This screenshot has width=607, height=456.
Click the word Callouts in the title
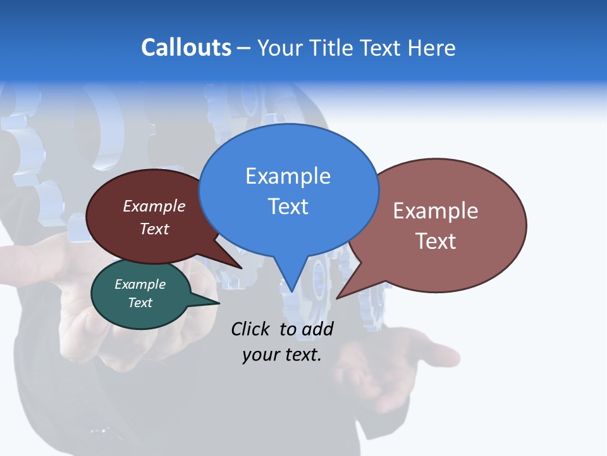pyautogui.click(x=186, y=47)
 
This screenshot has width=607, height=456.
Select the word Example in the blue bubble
pyautogui.click(x=288, y=176)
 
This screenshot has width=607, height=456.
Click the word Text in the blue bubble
pyautogui.click(x=288, y=206)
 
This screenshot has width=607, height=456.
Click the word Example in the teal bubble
pyautogui.click(x=140, y=284)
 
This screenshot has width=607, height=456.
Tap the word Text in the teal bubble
pyautogui.click(x=140, y=303)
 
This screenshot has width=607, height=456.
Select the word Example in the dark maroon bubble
pyautogui.click(x=154, y=206)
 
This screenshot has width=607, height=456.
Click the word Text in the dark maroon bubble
pyautogui.click(x=154, y=229)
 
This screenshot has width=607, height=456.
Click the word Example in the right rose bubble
pyautogui.click(x=435, y=211)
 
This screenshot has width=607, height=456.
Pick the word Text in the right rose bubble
pyautogui.click(x=435, y=241)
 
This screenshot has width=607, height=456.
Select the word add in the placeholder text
pyautogui.click(x=318, y=329)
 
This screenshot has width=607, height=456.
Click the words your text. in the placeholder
pyautogui.click(x=281, y=355)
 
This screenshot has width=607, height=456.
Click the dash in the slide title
pyautogui.click(x=244, y=48)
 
